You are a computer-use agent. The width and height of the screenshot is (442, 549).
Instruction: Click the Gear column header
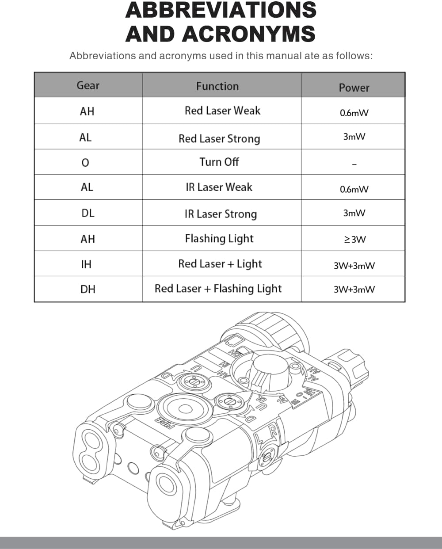pyautogui.click(x=88, y=85)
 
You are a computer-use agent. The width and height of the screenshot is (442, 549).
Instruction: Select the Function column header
pyautogui.click(x=217, y=86)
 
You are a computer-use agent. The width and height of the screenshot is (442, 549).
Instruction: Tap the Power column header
pyautogui.click(x=354, y=88)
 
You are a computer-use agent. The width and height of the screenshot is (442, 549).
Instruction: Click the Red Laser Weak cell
pyautogui.click(x=222, y=111)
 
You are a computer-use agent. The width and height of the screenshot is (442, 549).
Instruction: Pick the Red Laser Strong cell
pyautogui.click(x=219, y=139)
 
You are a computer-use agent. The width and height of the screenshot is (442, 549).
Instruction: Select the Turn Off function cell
pyautogui.click(x=219, y=162)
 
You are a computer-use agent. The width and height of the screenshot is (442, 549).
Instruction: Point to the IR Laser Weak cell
pyautogui.click(x=219, y=187)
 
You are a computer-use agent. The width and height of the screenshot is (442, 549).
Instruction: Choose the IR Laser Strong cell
pyautogui.click(x=221, y=214)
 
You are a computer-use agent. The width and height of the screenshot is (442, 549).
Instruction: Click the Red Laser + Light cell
pyautogui.click(x=220, y=264)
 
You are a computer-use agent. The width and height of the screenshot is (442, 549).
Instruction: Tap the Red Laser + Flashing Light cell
pyautogui.click(x=218, y=289)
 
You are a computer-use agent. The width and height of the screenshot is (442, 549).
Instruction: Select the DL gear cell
pyautogui.click(x=88, y=213)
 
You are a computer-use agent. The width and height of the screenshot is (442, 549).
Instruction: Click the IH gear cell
pyautogui.click(x=86, y=264)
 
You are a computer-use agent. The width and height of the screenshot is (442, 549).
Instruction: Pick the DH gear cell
pyautogui.click(x=88, y=289)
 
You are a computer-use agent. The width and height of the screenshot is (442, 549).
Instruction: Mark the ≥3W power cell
pyautogui.click(x=354, y=240)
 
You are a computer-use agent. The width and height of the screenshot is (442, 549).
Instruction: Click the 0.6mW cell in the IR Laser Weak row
pyautogui.click(x=354, y=189)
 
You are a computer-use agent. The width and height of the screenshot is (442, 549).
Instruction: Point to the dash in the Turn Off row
pyautogui.click(x=354, y=164)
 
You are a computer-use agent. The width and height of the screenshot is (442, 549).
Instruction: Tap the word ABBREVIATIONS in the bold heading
pyautogui.click(x=221, y=10)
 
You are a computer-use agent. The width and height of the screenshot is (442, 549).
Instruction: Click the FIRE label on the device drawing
pyautogui.click(x=164, y=423)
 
